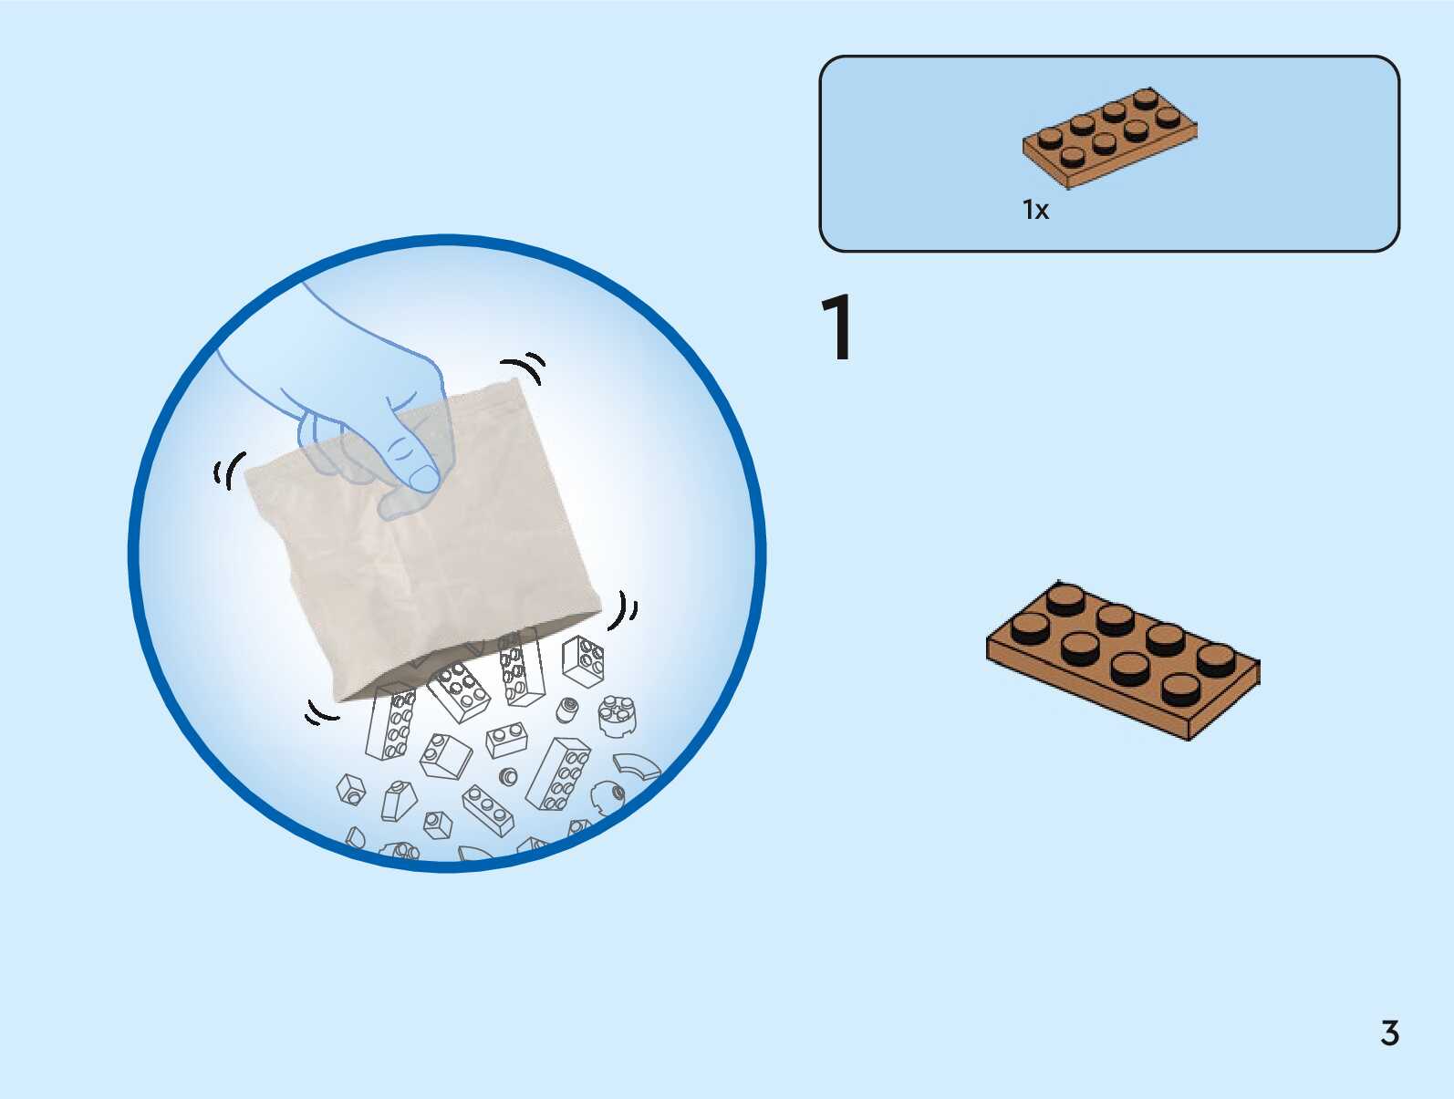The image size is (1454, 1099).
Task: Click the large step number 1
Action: tap(836, 328)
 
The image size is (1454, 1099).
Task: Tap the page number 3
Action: tap(1389, 1033)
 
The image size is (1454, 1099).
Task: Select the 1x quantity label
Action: tap(1035, 211)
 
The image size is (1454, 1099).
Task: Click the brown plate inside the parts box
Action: tap(1109, 138)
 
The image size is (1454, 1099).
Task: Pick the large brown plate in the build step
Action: tap(1123, 659)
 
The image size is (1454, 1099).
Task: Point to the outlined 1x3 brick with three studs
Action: tap(488, 810)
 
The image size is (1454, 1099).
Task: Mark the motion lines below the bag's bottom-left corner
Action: tap(320, 713)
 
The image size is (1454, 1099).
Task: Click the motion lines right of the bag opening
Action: tap(624, 609)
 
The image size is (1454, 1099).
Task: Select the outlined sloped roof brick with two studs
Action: tap(445, 756)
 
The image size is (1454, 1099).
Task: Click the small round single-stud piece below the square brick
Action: tap(567, 710)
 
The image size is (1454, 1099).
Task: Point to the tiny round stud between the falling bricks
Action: tap(509, 777)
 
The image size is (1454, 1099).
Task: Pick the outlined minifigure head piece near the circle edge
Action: tap(607, 799)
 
